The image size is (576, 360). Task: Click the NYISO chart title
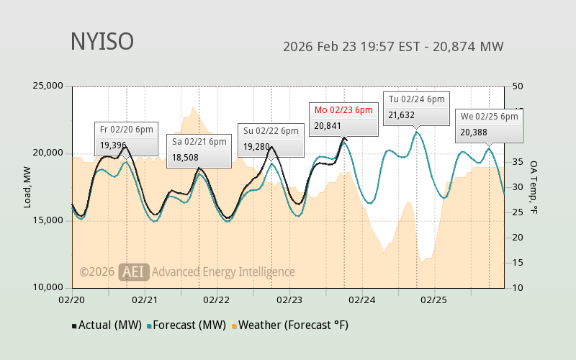tap(102, 42)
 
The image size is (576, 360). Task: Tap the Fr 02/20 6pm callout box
tap(126, 138)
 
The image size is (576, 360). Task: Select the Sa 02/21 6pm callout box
tap(199, 150)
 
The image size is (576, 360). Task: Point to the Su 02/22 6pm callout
tap(270, 139)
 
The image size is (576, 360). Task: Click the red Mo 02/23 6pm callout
tap(343, 118)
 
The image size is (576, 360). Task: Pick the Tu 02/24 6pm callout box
tap(416, 108)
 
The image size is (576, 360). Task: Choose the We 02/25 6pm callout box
tap(488, 125)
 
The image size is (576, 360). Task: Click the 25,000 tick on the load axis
tap(48, 86)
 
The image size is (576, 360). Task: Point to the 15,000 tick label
tap(48, 220)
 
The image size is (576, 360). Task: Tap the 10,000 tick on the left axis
tap(48, 287)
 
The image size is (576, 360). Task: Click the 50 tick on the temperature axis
tap(517, 86)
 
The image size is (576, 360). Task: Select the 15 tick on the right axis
tap(517, 263)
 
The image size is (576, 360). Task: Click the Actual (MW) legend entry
tap(107, 325)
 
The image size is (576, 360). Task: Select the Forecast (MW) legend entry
tap(186, 325)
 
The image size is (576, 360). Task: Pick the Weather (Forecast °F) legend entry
tap(289, 325)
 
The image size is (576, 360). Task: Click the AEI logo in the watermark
tap(134, 271)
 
